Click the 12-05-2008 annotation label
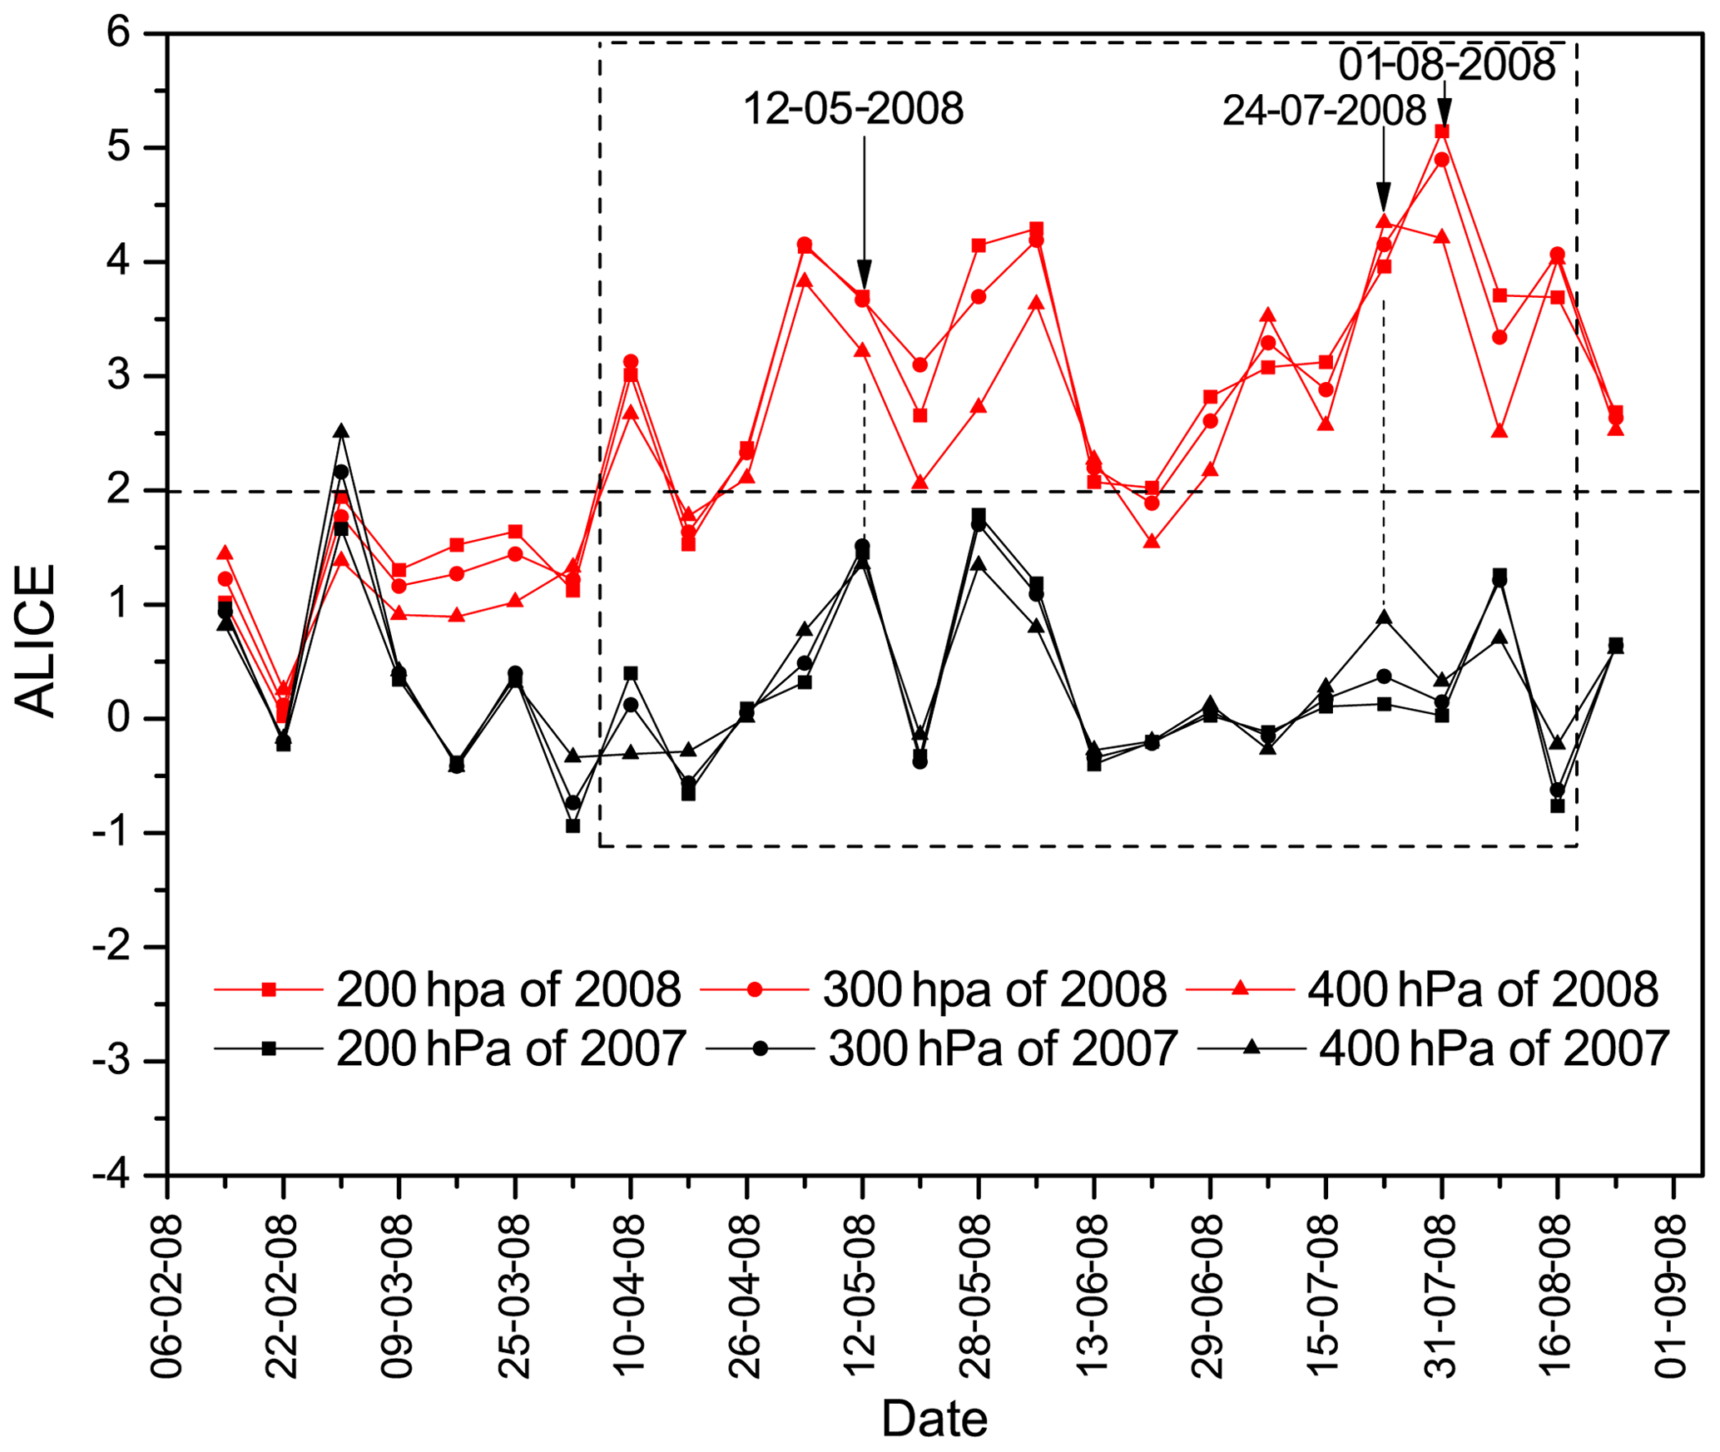point(853,109)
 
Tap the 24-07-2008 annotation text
point(1324,111)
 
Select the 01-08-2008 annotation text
point(1447,64)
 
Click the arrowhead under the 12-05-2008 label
point(864,274)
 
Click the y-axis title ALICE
point(36,641)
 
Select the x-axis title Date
point(934,1419)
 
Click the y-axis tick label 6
point(119,33)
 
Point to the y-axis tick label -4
point(112,1175)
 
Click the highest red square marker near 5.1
point(1442,131)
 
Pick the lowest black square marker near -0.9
point(573,825)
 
